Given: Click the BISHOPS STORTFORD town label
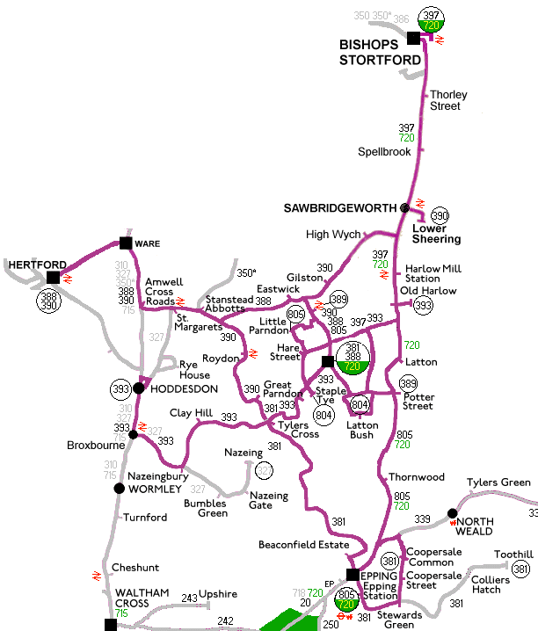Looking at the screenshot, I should [381, 52].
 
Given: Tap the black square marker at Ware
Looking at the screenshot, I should [126, 243].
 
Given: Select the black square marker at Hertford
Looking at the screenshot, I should [53, 277].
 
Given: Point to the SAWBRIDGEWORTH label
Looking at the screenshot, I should [341, 207].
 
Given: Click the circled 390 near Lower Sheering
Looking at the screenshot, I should [440, 215].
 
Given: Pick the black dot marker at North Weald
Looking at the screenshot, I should [452, 513].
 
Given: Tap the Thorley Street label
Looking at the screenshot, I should [447, 100].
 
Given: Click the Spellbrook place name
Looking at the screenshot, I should [384, 152].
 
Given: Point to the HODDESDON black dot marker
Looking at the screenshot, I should [138, 388].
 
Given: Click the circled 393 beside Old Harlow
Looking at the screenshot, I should [424, 305].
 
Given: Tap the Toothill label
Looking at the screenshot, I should [513, 555].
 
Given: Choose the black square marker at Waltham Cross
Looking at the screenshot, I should [110, 624].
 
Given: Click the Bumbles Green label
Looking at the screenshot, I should [205, 509].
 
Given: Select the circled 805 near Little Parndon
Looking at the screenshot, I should [295, 315].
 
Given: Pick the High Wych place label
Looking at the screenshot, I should [328, 235].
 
